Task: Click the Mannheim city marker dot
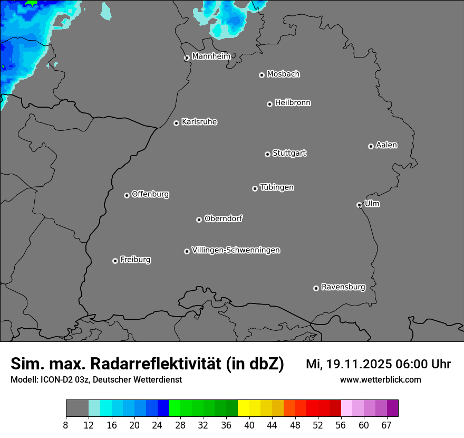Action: [x=187, y=58]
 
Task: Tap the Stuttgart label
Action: [x=289, y=154]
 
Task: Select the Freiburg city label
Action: [x=135, y=260]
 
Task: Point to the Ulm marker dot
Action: [x=360, y=205]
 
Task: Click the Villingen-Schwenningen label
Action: [x=236, y=250]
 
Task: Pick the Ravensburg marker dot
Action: [x=316, y=288]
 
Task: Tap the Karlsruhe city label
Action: [x=199, y=122]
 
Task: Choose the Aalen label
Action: [x=386, y=145]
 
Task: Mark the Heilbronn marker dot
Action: [x=270, y=104]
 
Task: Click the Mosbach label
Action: [x=283, y=74]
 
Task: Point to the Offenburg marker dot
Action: [x=127, y=195]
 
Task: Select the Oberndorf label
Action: [x=223, y=218]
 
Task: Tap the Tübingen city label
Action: [x=277, y=187]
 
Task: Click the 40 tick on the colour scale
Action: [x=249, y=425]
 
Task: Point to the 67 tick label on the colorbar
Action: [x=386, y=425]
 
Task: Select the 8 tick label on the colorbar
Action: [x=66, y=425]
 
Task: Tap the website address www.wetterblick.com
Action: [x=380, y=380]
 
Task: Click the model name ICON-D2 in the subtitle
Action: [x=56, y=380]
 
